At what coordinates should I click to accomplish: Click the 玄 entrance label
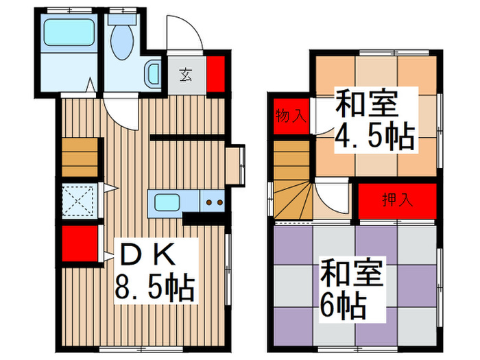[x=186, y=73]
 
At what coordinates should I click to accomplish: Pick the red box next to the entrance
[x=216, y=73]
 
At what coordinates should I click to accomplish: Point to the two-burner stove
[x=213, y=202]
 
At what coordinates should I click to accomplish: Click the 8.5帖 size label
[x=155, y=287]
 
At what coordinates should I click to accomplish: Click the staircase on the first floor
[x=82, y=158]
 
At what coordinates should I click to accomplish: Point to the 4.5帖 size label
[x=374, y=136]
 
